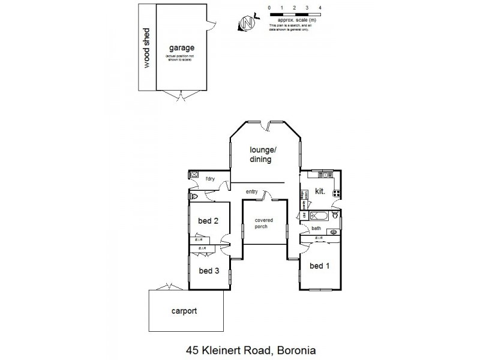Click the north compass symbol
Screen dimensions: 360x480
tap(245, 22)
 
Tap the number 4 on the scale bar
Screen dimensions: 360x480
tap(321, 7)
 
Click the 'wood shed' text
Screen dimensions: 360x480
tap(146, 47)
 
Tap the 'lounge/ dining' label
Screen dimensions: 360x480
tap(262, 154)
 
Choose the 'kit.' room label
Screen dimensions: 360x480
tap(320, 191)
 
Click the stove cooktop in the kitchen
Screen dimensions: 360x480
tap(337, 193)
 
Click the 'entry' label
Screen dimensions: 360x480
tap(252, 191)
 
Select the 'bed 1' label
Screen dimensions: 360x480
tap(319, 266)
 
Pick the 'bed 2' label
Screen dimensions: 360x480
tap(208, 221)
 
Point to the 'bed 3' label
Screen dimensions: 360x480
tap(209, 271)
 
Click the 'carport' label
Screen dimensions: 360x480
tap(184, 311)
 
